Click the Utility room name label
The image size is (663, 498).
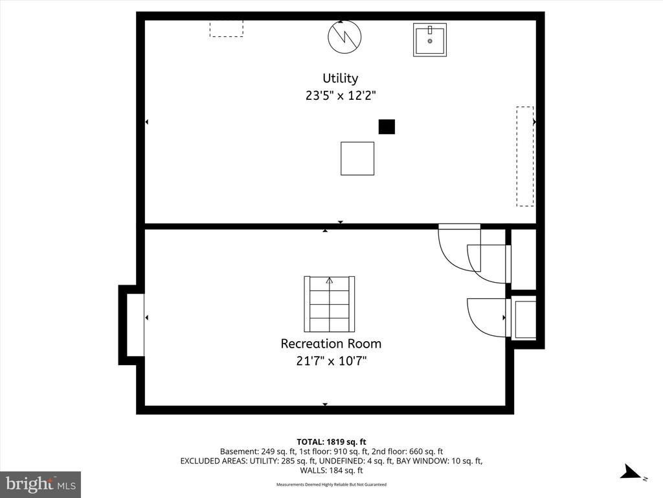[x=341, y=78]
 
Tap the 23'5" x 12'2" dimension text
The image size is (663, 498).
[x=341, y=96]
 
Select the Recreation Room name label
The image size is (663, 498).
[x=331, y=344]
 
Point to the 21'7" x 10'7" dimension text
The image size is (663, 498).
[x=331, y=361]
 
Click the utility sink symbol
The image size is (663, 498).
[x=430, y=40]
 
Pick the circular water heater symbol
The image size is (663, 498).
[x=344, y=37]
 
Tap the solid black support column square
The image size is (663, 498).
[x=387, y=126]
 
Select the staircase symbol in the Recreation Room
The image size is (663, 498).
[x=330, y=304]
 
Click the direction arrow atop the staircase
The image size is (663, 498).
[x=330, y=280]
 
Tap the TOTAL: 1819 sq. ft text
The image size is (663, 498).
[x=331, y=442]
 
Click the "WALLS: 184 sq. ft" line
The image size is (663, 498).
[x=331, y=471]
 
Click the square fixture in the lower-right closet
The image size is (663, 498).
[x=524, y=318]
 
